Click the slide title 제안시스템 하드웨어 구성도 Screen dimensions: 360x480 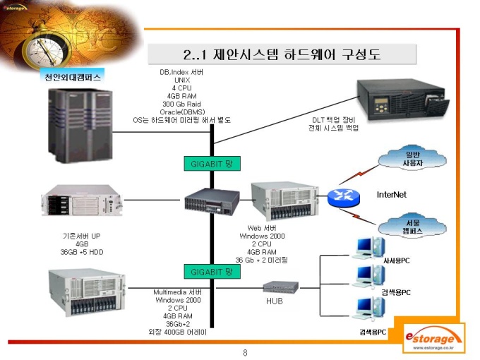281,54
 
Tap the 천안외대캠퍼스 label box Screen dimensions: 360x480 68,77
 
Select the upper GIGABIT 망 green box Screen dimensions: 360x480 212,164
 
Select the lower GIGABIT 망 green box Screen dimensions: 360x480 212,271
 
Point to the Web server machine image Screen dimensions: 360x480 281,201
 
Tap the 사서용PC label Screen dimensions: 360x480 396,260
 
